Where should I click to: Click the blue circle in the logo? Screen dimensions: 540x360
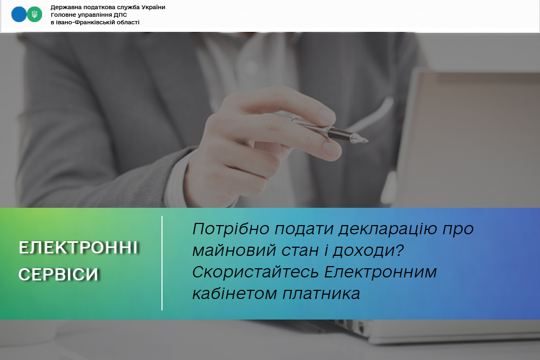click(x=19, y=15)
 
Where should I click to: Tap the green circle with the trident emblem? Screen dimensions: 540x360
click(x=35, y=15)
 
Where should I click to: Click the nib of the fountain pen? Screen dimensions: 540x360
click(x=360, y=139)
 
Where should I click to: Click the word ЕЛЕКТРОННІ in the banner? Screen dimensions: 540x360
click(x=78, y=248)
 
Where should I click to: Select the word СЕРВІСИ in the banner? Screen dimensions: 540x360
click(x=58, y=275)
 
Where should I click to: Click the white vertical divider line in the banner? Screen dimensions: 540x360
click(x=162, y=263)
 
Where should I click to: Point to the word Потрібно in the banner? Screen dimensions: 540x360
click(x=231, y=229)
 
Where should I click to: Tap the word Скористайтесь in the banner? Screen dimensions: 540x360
click(x=255, y=272)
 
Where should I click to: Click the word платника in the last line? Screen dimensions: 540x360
click(x=321, y=294)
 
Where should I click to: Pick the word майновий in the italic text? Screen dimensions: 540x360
click(x=234, y=250)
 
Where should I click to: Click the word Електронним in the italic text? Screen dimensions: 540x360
click(x=381, y=272)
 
